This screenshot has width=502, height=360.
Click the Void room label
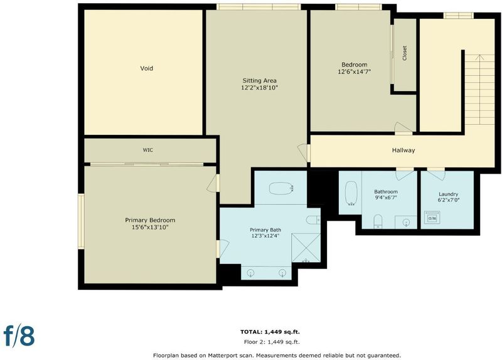(x=147, y=68)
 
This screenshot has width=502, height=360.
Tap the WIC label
(x=147, y=150)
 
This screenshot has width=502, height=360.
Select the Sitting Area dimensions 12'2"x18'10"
(x=259, y=87)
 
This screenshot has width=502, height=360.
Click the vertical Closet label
(x=404, y=53)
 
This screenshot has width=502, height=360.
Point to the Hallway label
(x=403, y=150)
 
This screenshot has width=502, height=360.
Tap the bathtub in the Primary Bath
(x=280, y=189)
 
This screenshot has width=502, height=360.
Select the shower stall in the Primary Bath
(x=306, y=248)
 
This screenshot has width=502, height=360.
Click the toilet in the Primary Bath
(x=313, y=220)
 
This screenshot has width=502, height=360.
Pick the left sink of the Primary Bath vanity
(x=250, y=273)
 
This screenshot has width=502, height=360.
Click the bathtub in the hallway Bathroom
(x=351, y=193)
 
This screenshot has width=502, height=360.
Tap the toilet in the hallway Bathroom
(x=378, y=221)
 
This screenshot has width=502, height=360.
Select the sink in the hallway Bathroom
(x=406, y=222)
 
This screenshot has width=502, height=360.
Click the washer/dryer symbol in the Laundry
(x=432, y=218)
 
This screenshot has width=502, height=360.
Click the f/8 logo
(x=19, y=336)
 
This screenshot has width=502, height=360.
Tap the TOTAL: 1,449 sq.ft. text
(x=270, y=332)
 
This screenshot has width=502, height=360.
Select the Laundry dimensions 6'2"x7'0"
(x=449, y=200)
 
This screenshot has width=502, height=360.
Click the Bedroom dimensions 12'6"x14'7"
(x=355, y=71)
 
